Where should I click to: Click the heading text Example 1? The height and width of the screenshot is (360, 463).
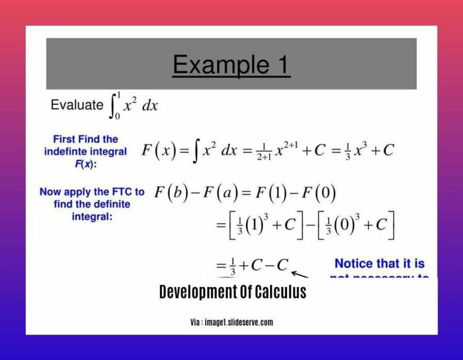[231, 65]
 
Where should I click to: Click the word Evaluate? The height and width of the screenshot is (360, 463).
[77, 105]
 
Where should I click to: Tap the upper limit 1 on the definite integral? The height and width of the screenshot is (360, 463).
[119, 95]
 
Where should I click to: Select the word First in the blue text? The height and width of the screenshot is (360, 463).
[66, 139]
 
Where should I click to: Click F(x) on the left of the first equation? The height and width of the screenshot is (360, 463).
[159, 150]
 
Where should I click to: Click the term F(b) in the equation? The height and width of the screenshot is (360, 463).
[171, 194]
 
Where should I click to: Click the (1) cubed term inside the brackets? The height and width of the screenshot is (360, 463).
[257, 226]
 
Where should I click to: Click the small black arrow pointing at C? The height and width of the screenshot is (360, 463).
[300, 274]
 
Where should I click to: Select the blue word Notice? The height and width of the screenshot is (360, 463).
[357, 264]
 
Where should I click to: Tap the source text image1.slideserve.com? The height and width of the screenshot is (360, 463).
[239, 323]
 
